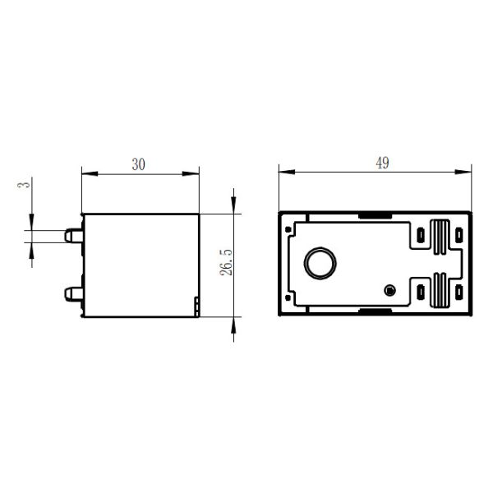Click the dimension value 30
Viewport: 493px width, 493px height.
[x=139, y=164]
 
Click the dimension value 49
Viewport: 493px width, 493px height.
[x=382, y=163]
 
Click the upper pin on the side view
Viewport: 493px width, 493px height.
[x=72, y=235]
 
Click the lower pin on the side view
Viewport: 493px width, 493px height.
[x=72, y=290]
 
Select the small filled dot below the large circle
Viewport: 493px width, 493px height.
[x=390, y=290]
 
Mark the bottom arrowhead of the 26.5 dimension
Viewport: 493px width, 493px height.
[x=236, y=324]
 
